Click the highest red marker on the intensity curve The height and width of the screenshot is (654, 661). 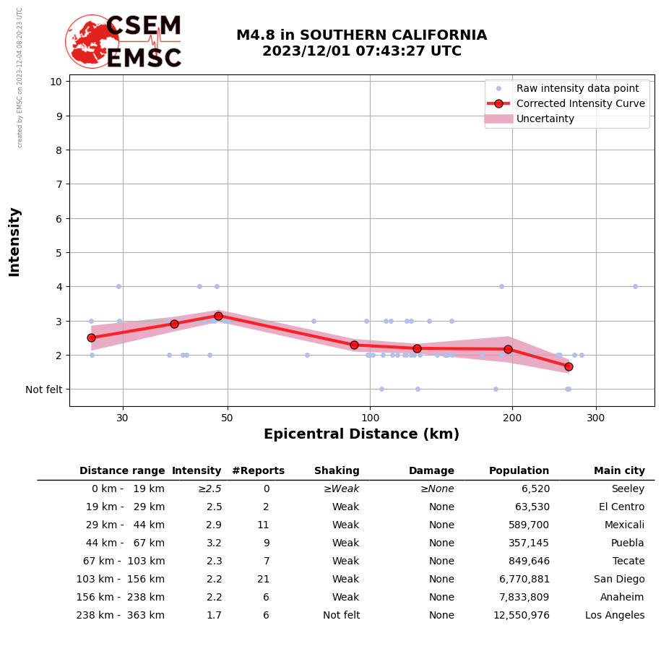pos(218,316)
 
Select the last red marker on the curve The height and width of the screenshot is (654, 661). pos(569,366)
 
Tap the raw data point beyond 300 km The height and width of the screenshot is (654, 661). pos(635,286)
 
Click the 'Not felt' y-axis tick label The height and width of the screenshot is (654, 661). pos(43,390)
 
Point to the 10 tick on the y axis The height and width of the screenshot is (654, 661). pos(56,81)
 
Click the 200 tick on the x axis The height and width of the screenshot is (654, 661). pos(512,417)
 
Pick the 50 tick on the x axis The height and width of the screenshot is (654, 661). pos(228,417)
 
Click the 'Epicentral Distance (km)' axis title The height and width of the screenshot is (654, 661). pos(361,434)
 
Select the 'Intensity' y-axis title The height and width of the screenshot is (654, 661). pos(14,241)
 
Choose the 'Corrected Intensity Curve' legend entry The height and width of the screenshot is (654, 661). pos(580,103)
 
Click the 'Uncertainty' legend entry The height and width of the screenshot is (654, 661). pos(545,119)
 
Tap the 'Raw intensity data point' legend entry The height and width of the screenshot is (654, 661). pos(577,88)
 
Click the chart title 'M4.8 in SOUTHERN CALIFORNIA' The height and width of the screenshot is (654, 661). pos(361,35)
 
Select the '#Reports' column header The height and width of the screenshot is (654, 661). pos(258,471)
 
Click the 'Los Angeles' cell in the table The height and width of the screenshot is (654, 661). pos(615,616)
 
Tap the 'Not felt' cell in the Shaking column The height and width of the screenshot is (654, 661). pos(341,616)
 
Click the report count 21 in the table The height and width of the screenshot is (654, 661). pos(263,580)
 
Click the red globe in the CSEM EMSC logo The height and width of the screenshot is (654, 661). pos(91,41)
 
